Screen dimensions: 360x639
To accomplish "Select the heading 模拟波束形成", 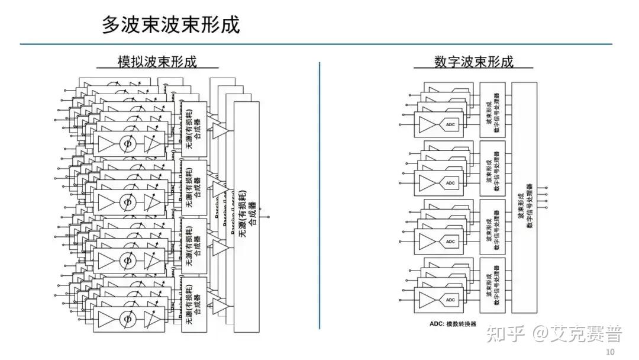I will click(x=157, y=62).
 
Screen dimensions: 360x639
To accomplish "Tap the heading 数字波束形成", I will click(x=473, y=62).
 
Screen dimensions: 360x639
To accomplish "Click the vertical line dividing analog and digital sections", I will click(x=319, y=195).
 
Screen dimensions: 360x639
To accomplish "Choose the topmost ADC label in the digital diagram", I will click(x=450, y=125).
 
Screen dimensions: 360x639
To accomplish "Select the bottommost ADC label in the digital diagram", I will click(x=450, y=300).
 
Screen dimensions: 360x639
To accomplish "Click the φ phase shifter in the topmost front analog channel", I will click(x=125, y=144).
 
